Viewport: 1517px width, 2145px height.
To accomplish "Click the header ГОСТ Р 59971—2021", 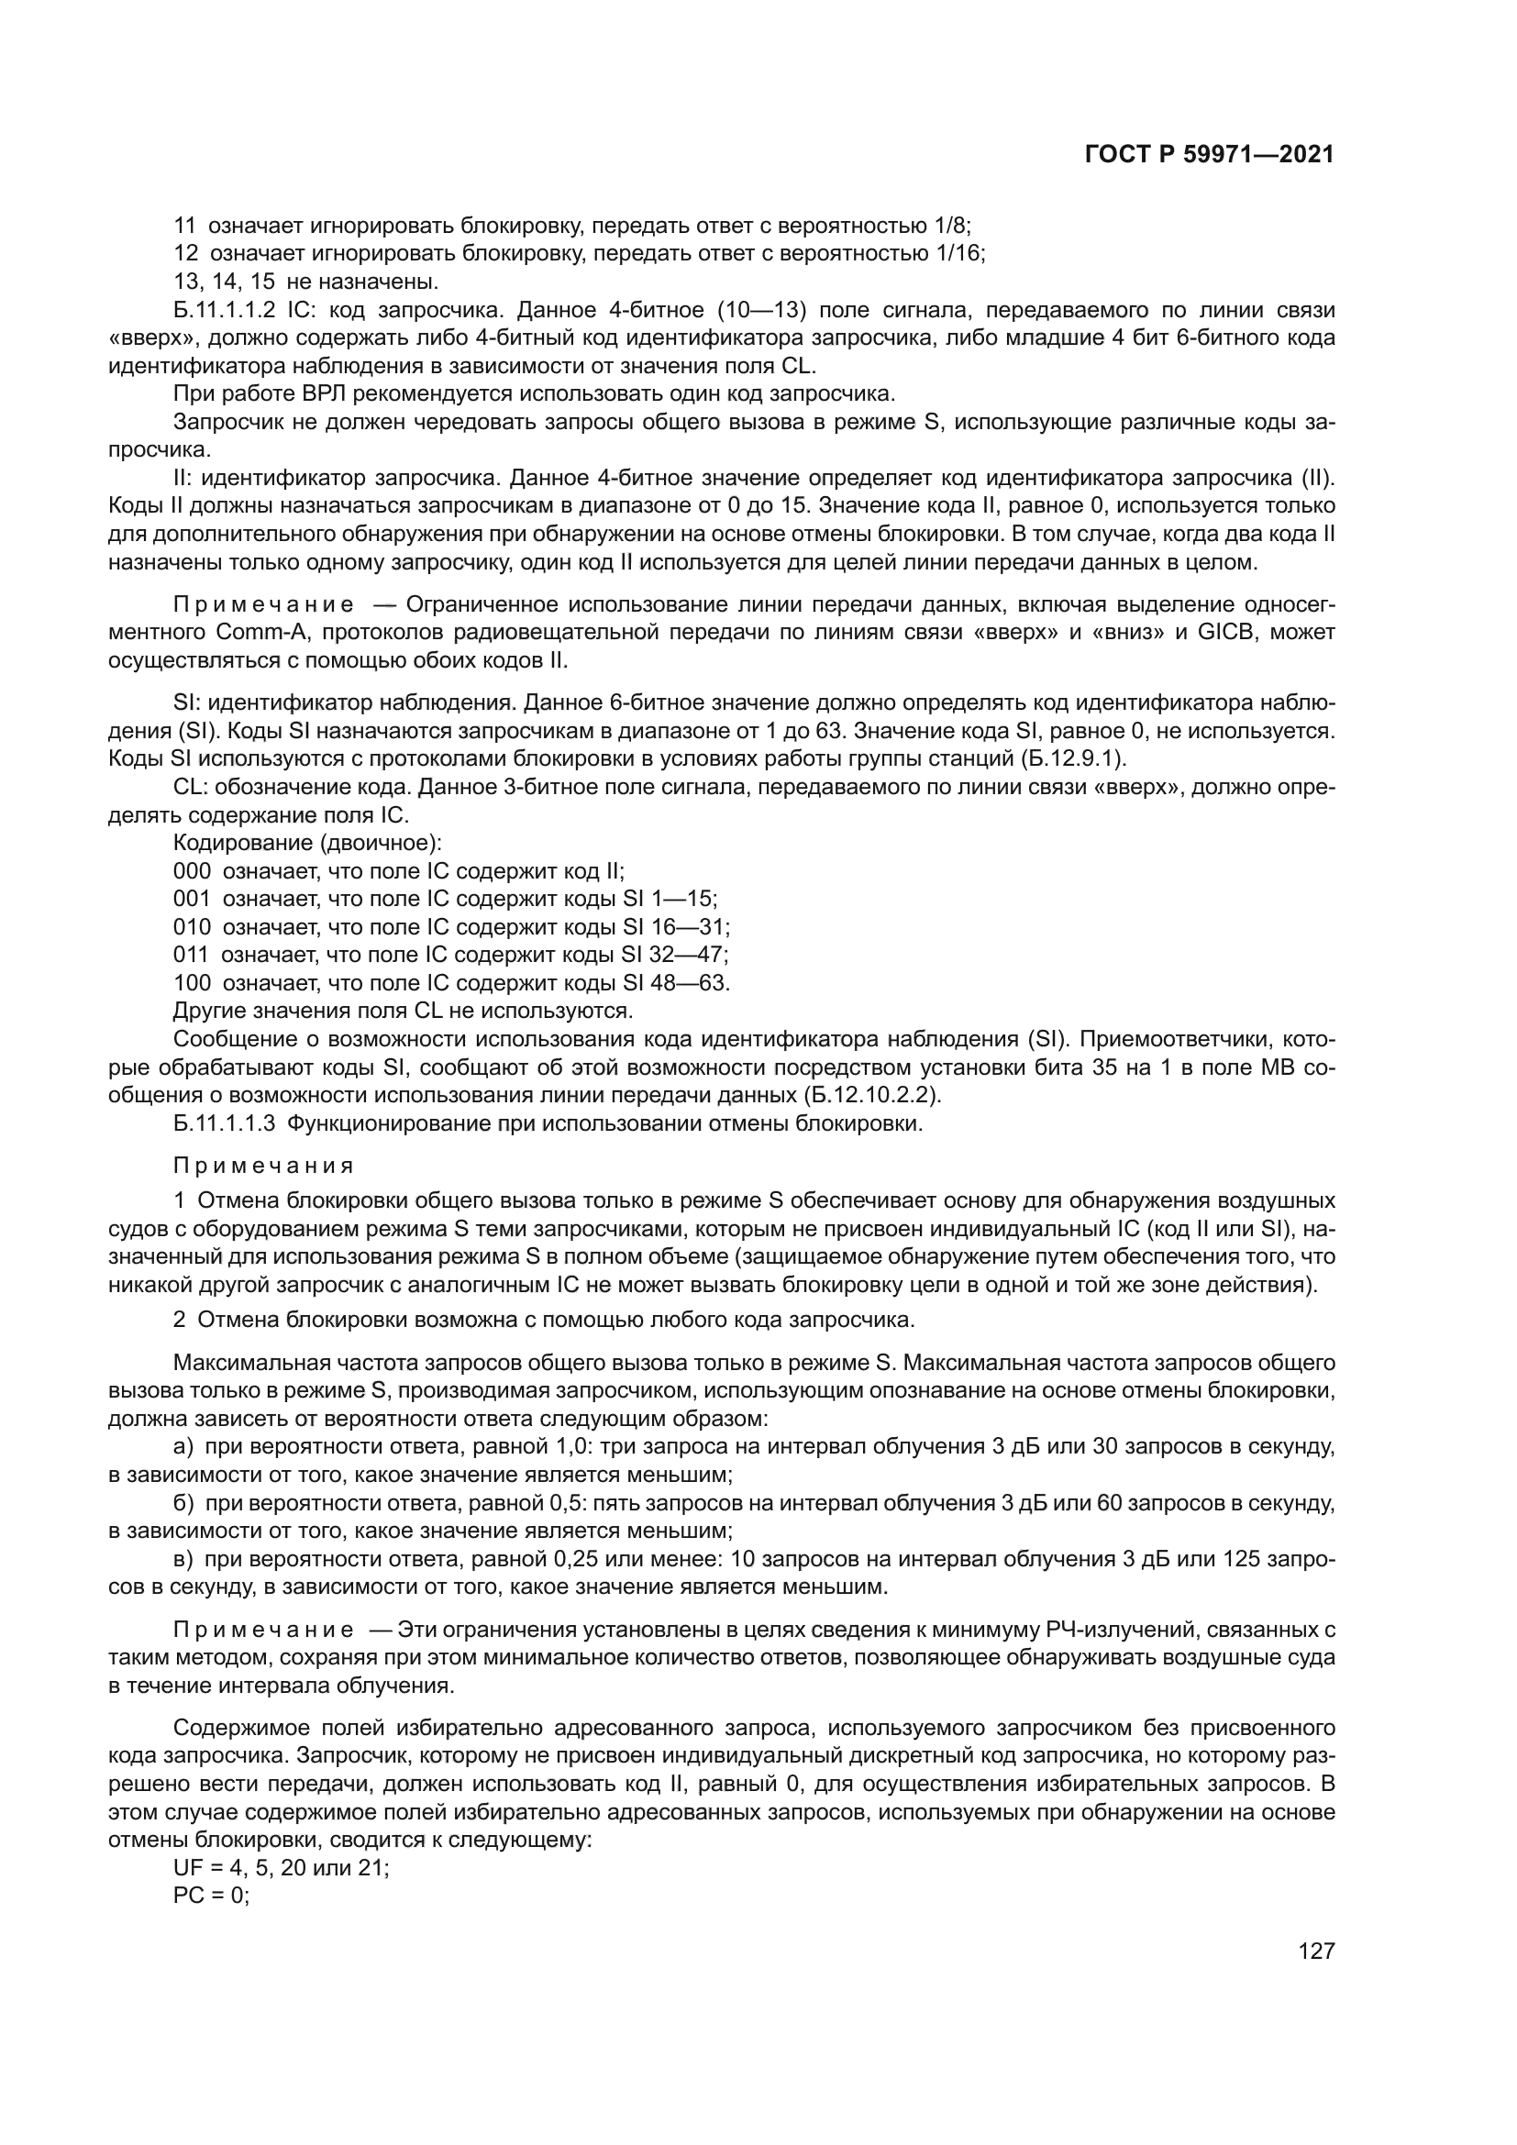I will [x=1209, y=155].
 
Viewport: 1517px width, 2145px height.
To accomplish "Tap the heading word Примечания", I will [x=263, y=1165].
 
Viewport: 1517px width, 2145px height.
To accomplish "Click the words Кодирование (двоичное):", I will [x=307, y=844].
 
